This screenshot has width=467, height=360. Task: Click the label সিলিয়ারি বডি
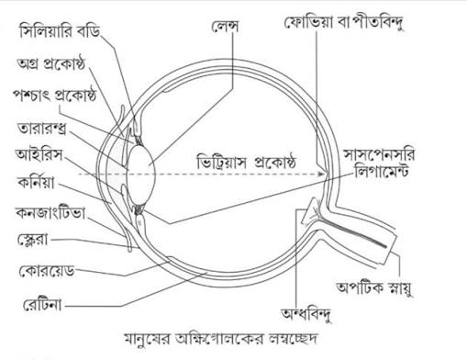[60, 32]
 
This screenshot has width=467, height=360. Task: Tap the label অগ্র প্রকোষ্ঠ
[50, 63]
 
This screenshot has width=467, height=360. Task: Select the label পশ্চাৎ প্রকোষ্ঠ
[54, 95]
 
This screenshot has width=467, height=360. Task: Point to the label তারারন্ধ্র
[41, 129]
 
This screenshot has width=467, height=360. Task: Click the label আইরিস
[39, 155]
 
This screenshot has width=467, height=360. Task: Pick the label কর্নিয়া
[37, 183]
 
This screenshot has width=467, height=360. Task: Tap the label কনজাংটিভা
[50, 213]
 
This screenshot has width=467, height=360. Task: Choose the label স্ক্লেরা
[33, 240]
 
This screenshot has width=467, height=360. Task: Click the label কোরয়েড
[47, 271]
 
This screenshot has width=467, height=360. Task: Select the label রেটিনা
[42, 305]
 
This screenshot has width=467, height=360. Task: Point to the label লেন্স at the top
[225, 27]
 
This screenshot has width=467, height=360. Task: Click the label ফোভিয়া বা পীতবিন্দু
[344, 23]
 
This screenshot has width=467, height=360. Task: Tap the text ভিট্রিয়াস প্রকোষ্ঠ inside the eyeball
[246, 162]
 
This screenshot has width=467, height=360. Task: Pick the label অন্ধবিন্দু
[306, 314]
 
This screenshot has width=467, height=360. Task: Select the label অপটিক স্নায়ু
[374, 287]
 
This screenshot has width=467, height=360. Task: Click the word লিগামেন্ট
[382, 171]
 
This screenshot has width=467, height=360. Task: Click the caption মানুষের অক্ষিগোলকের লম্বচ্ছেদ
[221, 339]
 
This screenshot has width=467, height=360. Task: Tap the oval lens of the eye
[141, 174]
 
